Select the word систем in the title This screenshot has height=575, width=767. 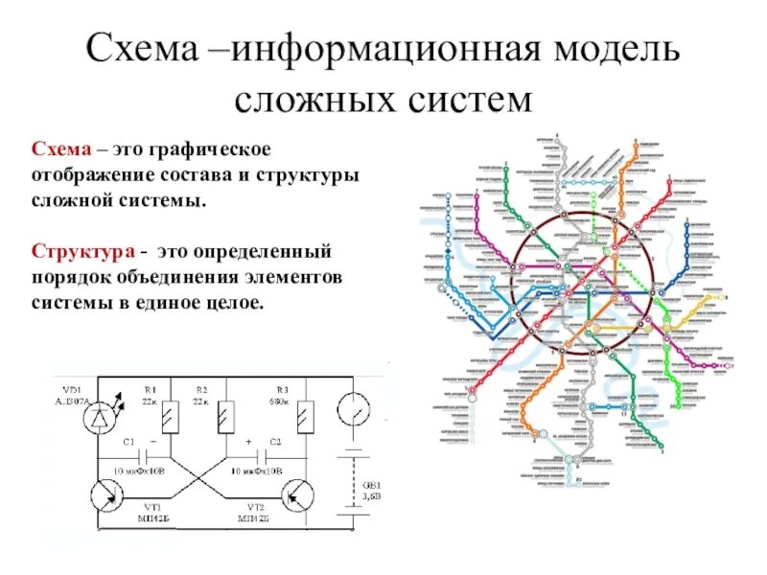[459, 99]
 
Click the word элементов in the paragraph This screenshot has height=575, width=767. [309, 277]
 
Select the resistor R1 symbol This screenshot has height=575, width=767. [170, 416]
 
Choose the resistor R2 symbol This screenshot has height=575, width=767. [224, 416]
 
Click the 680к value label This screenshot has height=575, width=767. [280, 402]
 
